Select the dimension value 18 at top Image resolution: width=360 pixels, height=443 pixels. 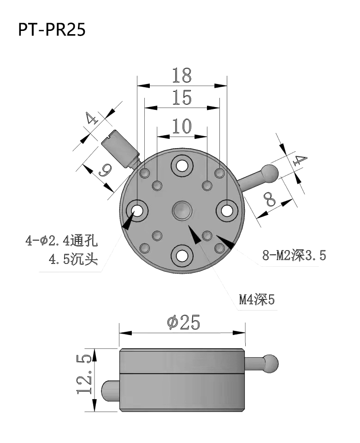182,75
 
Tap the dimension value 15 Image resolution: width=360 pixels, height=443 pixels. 182,98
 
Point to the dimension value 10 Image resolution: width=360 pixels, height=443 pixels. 182,126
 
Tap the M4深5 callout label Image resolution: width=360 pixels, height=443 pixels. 256,300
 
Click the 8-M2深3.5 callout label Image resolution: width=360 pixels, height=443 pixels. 294,255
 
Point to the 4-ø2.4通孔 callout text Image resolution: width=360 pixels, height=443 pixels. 62,241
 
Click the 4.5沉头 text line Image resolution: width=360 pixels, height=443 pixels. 73,259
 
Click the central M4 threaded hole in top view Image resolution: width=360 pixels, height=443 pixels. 182,210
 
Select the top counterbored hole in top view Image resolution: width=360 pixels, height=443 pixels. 182,165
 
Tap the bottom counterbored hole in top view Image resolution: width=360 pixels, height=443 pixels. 182,255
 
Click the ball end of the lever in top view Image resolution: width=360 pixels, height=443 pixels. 270,172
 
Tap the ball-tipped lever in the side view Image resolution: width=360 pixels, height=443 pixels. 270,362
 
